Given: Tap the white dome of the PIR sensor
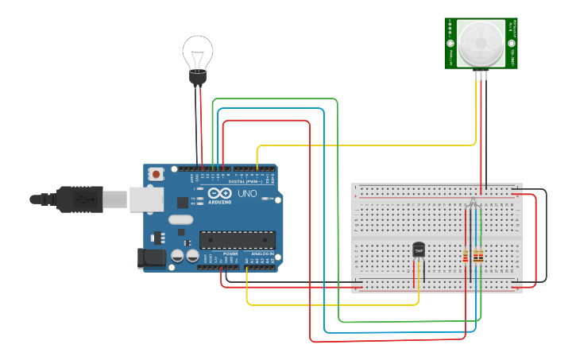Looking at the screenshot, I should click(x=481, y=43).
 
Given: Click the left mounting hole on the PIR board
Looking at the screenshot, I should click(x=450, y=43).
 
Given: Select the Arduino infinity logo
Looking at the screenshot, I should click(x=219, y=194).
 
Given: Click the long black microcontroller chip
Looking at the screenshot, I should click(x=238, y=239).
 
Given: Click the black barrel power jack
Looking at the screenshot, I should click(x=151, y=258).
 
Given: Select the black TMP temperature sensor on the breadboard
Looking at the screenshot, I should click(x=419, y=251).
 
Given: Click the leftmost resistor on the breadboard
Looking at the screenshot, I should click(x=465, y=256).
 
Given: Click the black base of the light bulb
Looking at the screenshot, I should click(x=197, y=78).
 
